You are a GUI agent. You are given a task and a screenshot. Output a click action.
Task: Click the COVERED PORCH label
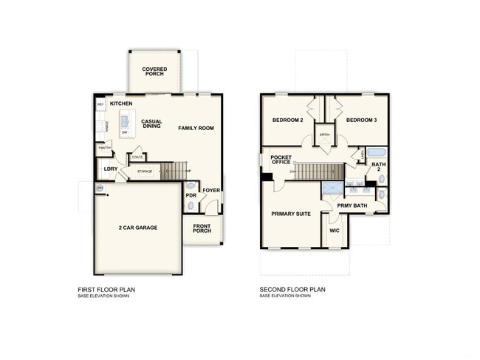(154, 72)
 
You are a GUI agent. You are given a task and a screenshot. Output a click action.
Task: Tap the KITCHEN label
(121, 103)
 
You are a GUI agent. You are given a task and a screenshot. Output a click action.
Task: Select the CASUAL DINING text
(152, 123)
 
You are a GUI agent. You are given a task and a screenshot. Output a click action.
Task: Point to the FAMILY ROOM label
(196, 128)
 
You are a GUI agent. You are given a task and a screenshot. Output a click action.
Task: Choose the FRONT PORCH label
(202, 228)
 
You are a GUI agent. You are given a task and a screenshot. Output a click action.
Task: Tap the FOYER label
(211, 190)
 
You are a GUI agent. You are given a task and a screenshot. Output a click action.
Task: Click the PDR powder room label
(191, 195)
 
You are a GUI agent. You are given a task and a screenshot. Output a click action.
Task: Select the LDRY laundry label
(111, 169)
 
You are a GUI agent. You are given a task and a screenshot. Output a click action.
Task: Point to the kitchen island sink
(124, 120)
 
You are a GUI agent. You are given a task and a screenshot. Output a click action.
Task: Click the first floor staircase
(176, 171)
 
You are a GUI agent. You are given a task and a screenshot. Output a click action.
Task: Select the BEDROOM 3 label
(361, 120)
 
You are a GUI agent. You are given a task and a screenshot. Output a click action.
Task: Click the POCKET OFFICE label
(281, 159)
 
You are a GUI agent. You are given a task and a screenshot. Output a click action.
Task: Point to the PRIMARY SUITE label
(290, 214)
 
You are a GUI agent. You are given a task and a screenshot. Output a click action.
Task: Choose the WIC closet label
(334, 230)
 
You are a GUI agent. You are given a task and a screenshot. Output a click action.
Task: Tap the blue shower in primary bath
(332, 189)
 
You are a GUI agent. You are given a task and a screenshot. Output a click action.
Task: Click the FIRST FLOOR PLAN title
(106, 290)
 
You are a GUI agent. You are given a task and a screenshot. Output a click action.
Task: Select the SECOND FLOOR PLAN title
(292, 290)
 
